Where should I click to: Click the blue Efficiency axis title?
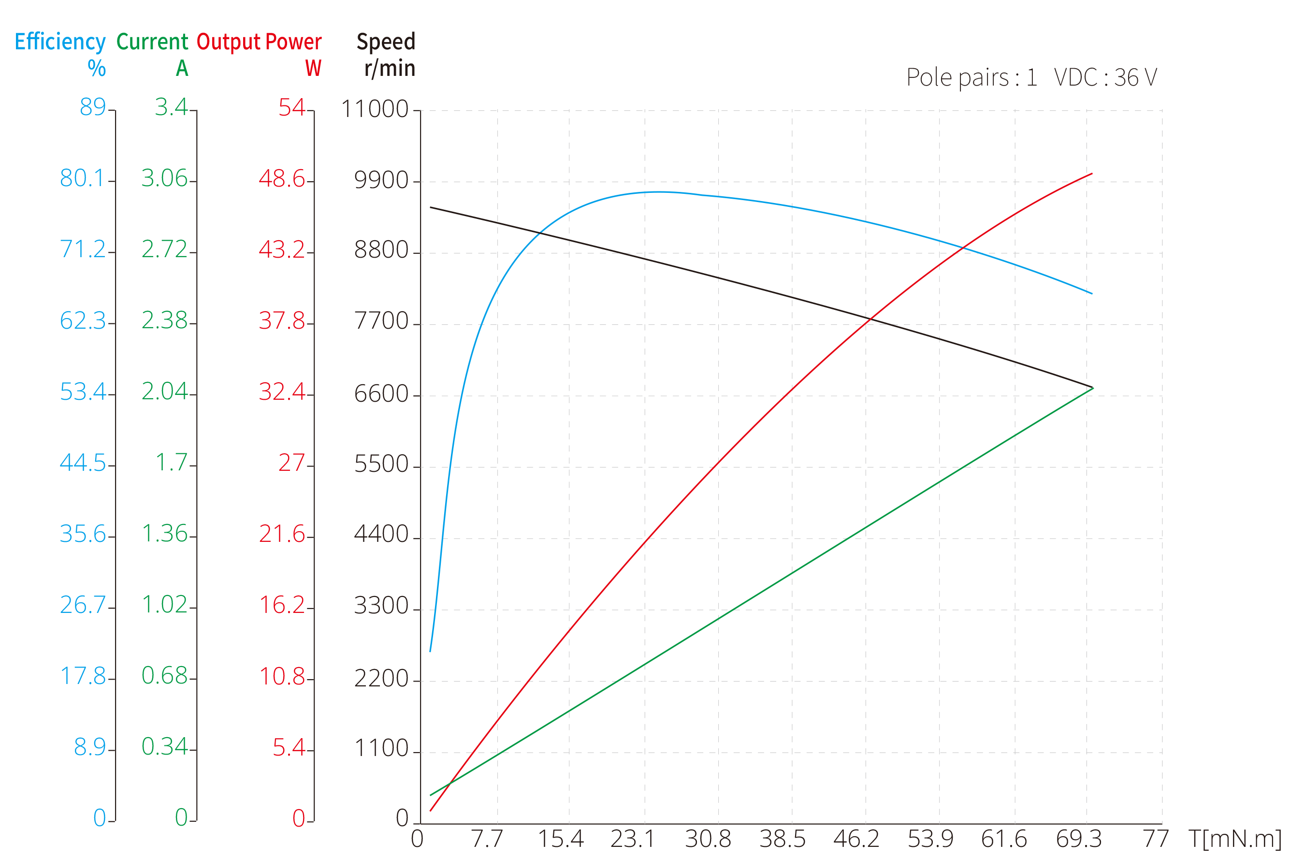click(60, 42)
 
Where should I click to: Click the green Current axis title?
click(152, 42)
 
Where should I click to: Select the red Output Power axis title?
click(259, 42)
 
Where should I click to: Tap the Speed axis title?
click(386, 42)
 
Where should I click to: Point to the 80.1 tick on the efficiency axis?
click(82, 178)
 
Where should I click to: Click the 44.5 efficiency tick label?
click(82, 463)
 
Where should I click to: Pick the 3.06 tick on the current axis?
click(164, 178)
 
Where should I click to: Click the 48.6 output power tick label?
click(282, 179)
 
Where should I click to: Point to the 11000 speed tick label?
click(375, 109)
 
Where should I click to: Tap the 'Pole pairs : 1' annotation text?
click(971, 77)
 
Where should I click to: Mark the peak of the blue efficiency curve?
click(658, 191)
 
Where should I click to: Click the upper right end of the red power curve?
click(1092, 173)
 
